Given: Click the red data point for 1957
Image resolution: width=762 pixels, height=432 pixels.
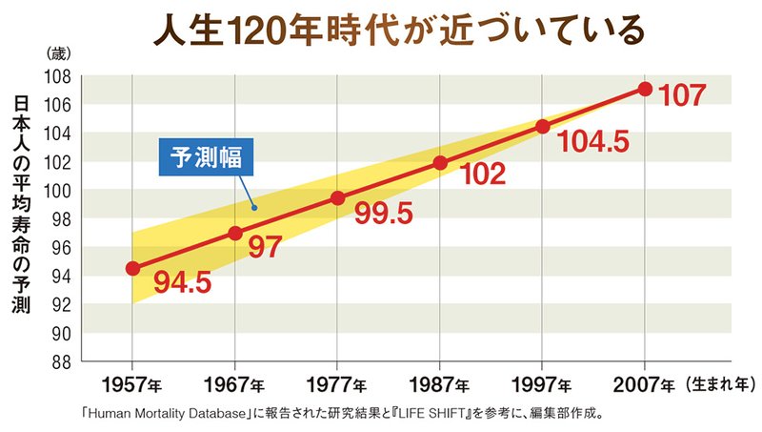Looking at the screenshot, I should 132,269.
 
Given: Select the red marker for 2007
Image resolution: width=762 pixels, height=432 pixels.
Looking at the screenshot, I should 645,89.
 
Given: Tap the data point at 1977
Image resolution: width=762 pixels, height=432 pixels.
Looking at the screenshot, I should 337,198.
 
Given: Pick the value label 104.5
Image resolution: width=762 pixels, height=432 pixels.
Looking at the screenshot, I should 592,142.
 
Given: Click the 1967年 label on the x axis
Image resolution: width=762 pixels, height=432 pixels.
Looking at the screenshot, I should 235,385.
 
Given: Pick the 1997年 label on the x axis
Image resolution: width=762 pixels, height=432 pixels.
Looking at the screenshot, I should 542,385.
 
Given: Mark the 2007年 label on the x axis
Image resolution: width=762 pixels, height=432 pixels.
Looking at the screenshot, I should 645,385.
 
